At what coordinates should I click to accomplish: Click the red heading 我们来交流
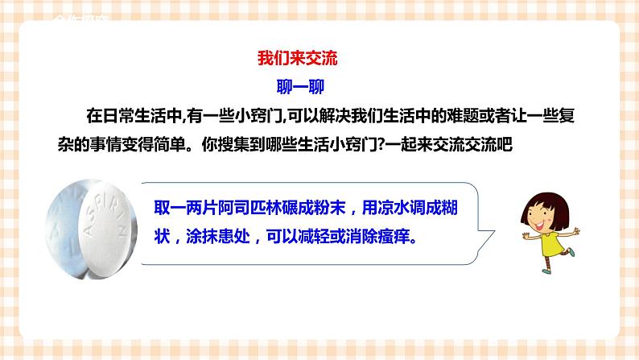[x=299, y=59]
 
